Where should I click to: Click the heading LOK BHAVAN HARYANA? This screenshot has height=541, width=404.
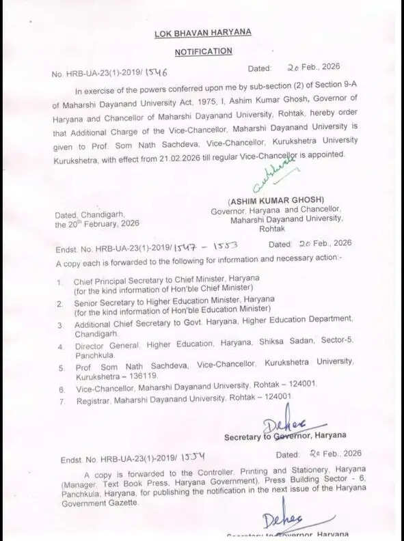point(203,33)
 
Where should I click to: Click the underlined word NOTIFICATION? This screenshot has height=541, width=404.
point(203,51)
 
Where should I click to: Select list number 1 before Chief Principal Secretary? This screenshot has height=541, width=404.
point(59,281)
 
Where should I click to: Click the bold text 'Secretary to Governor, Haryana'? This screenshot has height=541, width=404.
point(284,435)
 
